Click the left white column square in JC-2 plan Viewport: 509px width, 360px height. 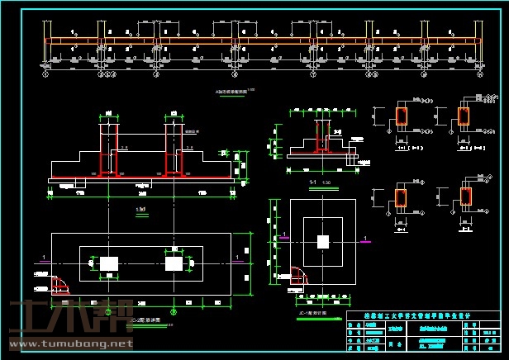click(x=109, y=263)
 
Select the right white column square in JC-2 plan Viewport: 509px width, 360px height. click(x=173, y=263)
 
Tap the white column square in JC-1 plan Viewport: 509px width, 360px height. click(x=323, y=242)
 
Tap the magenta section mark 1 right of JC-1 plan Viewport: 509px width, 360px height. click(x=364, y=239)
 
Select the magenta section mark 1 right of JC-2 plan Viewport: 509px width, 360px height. click(x=239, y=258)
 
